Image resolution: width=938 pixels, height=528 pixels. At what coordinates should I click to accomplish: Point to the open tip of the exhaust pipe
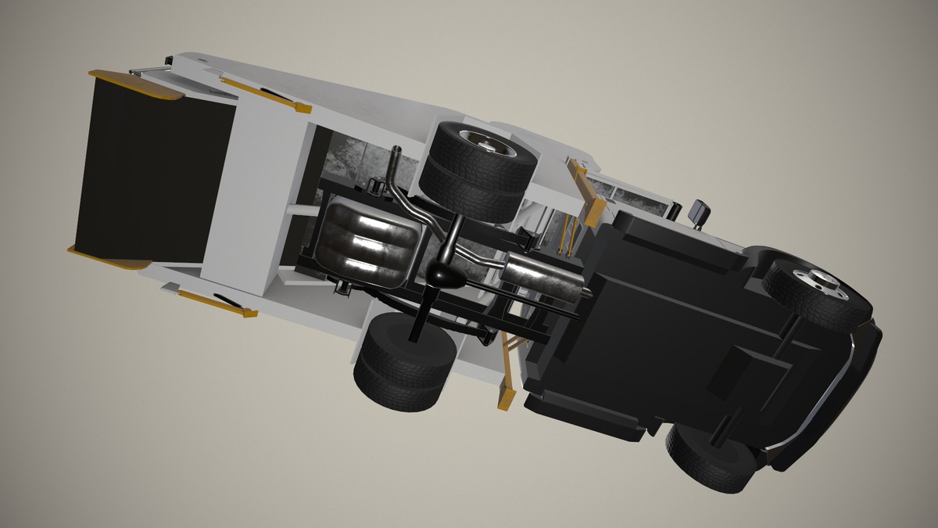click(396, 150)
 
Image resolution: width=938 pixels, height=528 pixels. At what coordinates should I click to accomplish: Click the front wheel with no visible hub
click(711, 458)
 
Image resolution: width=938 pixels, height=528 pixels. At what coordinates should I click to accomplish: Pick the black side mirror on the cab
click(697, 211)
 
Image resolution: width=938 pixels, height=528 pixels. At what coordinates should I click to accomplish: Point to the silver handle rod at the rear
click(149, 70)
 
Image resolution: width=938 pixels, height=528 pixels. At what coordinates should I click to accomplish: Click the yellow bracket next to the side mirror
click(589, 192)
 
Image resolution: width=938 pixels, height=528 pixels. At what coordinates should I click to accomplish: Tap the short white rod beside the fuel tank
click(300, 210)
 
